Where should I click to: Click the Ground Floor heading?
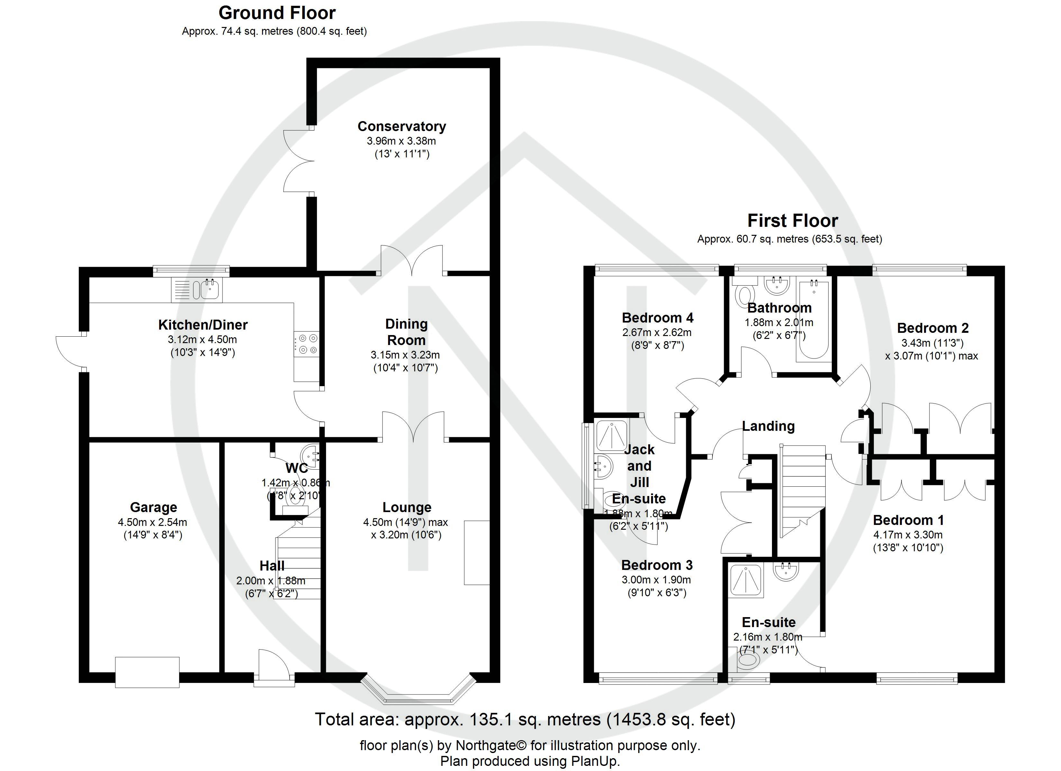pyautogui.click(x=277, y=13)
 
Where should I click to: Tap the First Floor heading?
pyautogui.click(x=793, y=221)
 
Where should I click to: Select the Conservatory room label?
pyautogui.click(x=401, y=126)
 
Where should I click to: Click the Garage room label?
pyautogui.click(x=153, y=507)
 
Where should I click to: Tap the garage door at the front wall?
pyautogui.click(x=147, y=672)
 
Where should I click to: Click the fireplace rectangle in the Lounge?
pyautogui.click(x=476, y=553)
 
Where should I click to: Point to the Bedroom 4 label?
pyautogui.click(x=657, y=318)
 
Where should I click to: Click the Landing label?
pyautogui.click(x=768, y=426)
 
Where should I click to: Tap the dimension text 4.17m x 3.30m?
pyautogui.click(x=908, y=535)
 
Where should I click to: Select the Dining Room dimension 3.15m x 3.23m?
pyautogui.click(x=405, y=355)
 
